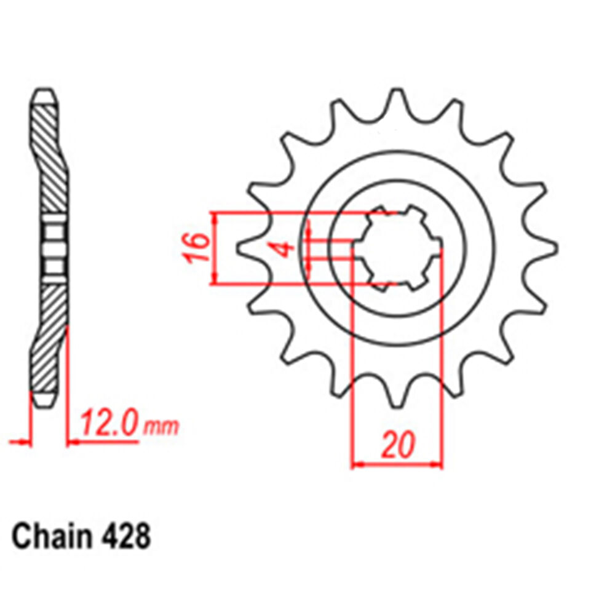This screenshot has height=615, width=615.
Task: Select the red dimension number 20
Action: [x=397, y=445]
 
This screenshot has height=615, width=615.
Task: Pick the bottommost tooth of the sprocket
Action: [x=397, y=399]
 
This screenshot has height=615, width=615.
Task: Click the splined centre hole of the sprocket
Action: [x=397, y=248]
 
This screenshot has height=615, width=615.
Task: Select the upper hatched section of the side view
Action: [x=50, y=154]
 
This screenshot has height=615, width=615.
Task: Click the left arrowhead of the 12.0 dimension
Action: [x=25, y=441]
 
